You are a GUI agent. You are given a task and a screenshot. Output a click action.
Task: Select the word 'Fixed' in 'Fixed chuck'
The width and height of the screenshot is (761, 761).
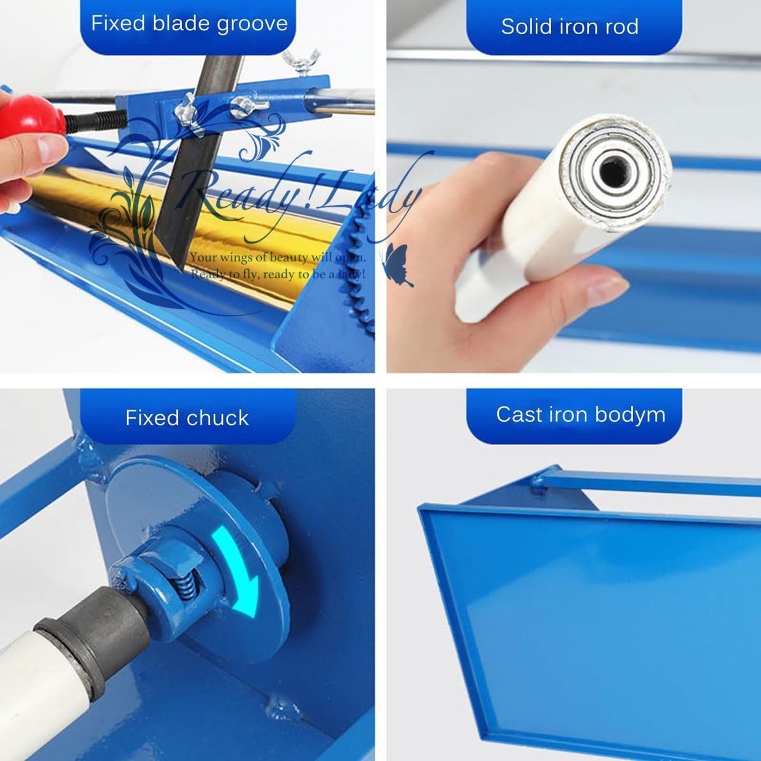click(x=152, y=417)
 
